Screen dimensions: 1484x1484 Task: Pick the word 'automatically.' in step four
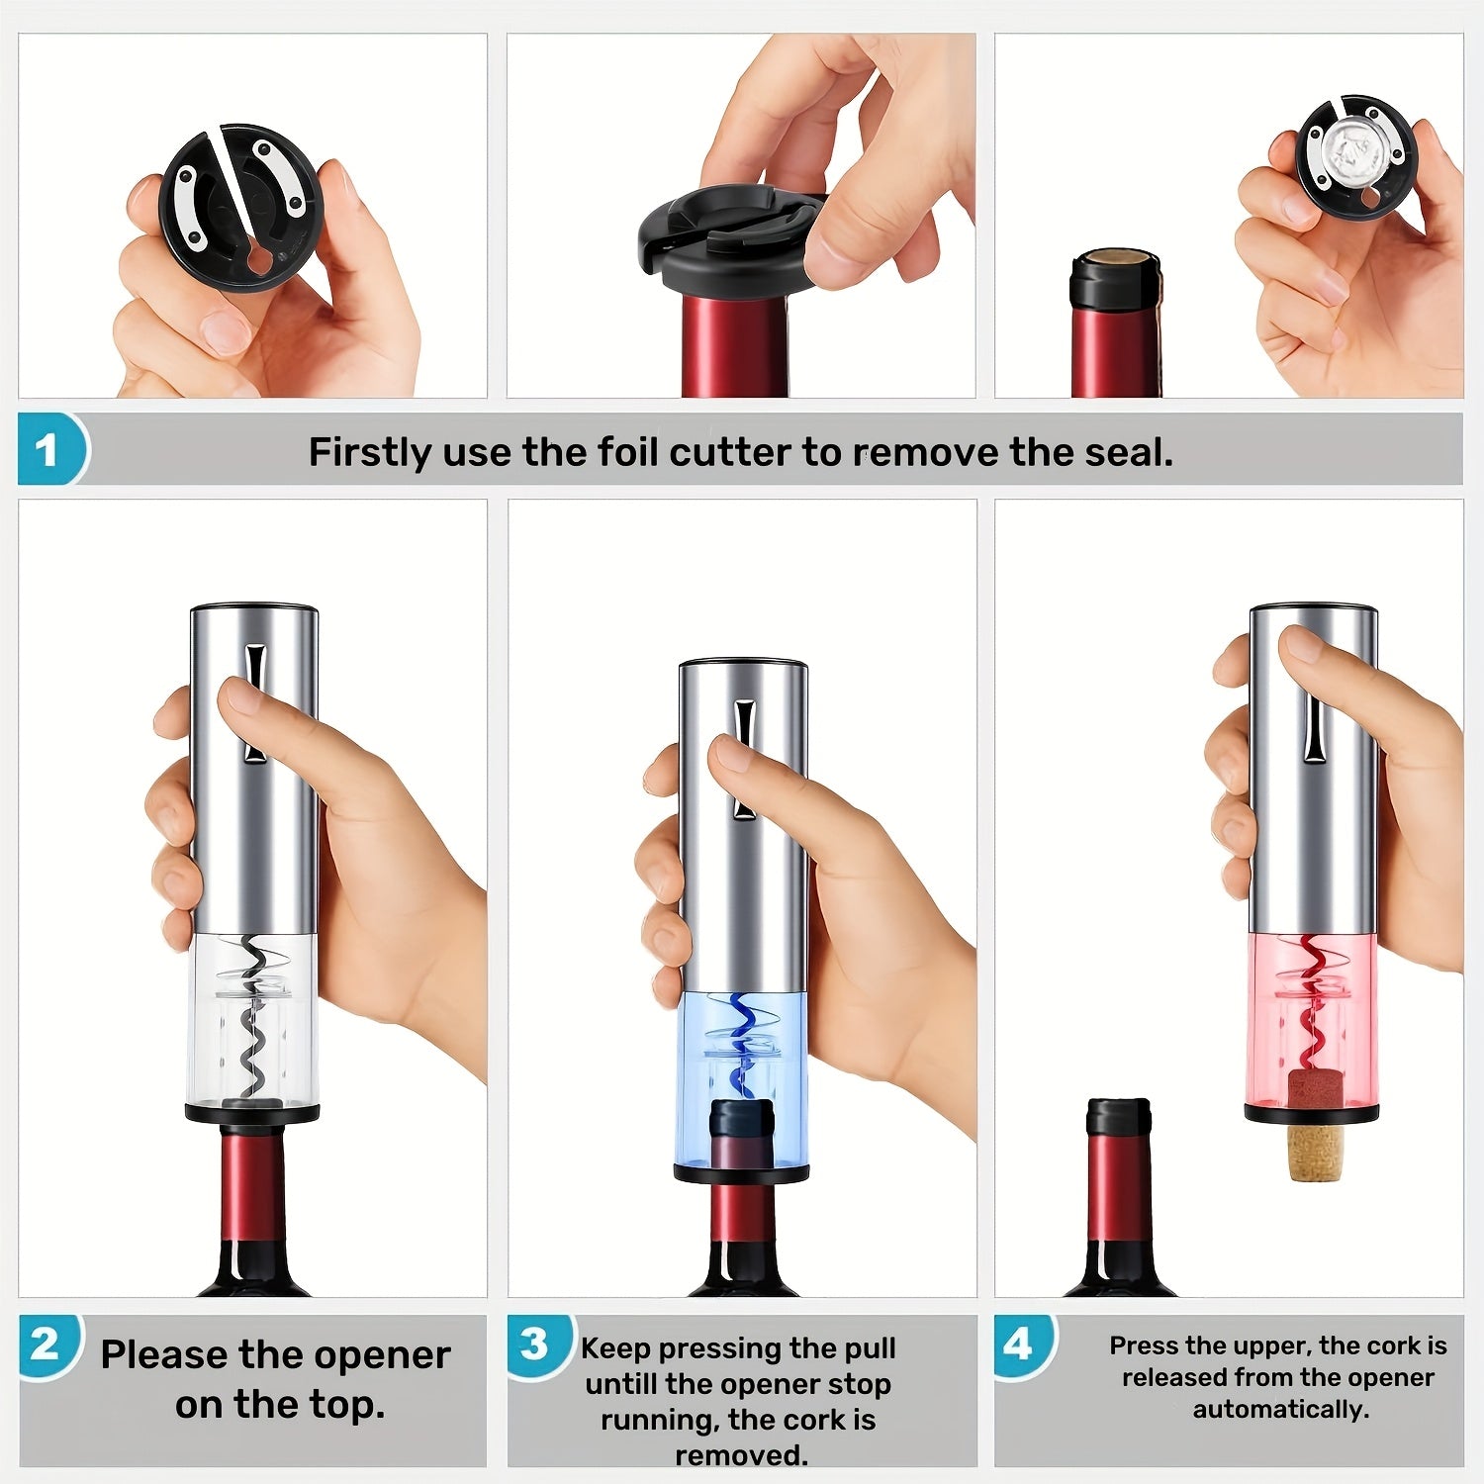point(1281,1409)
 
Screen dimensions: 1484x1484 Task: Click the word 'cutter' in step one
point(731,452)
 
